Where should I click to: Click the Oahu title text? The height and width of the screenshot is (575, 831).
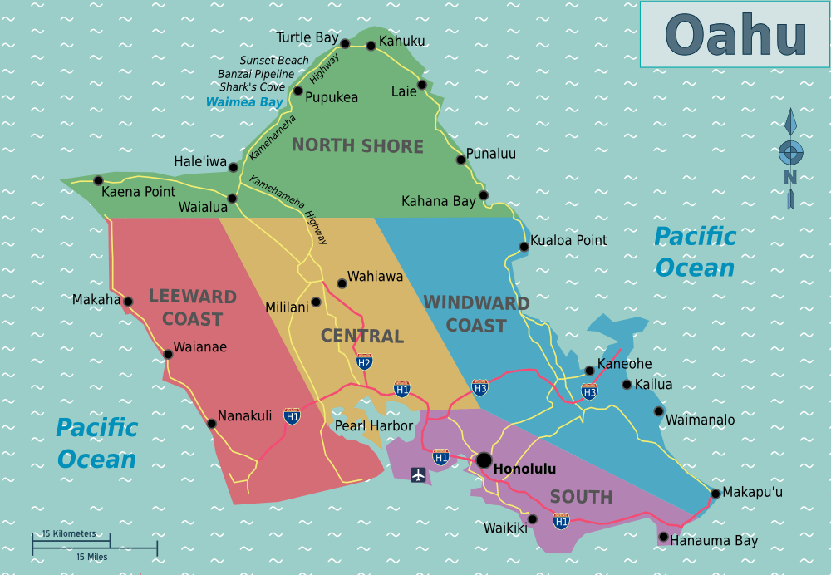(735, 36)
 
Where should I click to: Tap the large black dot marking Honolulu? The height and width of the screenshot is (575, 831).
(484, 460)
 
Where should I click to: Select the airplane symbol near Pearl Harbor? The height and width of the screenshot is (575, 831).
(418, 474)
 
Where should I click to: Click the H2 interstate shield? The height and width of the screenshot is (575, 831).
(364, 361)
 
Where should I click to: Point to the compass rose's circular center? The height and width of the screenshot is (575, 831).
(790, 152)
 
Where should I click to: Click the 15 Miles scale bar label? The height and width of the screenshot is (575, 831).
(91, 557)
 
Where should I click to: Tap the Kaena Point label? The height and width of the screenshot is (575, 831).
(138, 192)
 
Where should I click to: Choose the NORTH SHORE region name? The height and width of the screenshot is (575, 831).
(357, 146)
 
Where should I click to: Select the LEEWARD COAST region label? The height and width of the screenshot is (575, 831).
(192, 307)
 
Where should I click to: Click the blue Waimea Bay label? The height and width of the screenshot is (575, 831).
(244, 102)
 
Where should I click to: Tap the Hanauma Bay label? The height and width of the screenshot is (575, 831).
(714, 541)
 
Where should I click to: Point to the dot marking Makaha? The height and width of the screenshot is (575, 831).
(128, 302)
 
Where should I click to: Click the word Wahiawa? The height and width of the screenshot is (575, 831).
(375, 277)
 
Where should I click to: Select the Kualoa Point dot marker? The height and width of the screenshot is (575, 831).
(524, 247)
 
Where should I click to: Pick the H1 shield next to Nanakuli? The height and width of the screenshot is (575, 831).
(292, 415)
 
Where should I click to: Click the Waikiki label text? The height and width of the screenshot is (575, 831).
(505, 528)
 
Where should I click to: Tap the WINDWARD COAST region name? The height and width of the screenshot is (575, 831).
(476, 314)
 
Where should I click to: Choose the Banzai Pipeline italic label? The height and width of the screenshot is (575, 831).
(256, 74)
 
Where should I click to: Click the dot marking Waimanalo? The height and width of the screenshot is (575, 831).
(659, 411)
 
